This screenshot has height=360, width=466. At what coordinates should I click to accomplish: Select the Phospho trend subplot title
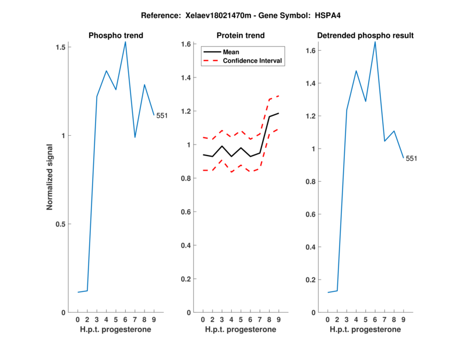pos(116,36)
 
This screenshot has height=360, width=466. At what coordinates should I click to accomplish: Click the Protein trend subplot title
pos(241,36)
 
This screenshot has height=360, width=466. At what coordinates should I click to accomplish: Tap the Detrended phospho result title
pos(365,36)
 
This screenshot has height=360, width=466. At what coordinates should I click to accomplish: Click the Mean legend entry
pos(231,52)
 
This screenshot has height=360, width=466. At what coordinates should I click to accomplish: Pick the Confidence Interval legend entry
pos(253,61)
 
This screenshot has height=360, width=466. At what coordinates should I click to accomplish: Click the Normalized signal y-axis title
pos(50,179)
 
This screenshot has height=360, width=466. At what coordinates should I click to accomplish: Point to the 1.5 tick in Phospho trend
pos(60,47)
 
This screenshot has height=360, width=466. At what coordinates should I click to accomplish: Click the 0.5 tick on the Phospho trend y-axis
pos(60,224)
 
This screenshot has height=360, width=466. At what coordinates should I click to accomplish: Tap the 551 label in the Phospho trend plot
pos(162,115)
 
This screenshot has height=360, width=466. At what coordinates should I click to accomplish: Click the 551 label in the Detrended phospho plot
pos(412,158)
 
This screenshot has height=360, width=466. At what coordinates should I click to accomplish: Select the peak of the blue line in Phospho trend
pos(125,42)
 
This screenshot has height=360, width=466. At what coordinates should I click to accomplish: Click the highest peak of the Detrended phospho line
pos(375,41)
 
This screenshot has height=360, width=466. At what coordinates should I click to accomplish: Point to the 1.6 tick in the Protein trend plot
pos(186,44)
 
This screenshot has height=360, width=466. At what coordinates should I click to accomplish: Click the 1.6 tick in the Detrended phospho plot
pos(311,51)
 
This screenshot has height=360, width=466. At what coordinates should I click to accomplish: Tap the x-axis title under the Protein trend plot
pos(241,329)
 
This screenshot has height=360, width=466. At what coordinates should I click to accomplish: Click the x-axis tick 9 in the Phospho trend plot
pos(154,319)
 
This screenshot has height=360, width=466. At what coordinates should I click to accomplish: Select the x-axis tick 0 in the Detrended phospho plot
pos(327,319)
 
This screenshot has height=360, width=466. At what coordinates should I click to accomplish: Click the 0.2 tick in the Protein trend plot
pos(186,279)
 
